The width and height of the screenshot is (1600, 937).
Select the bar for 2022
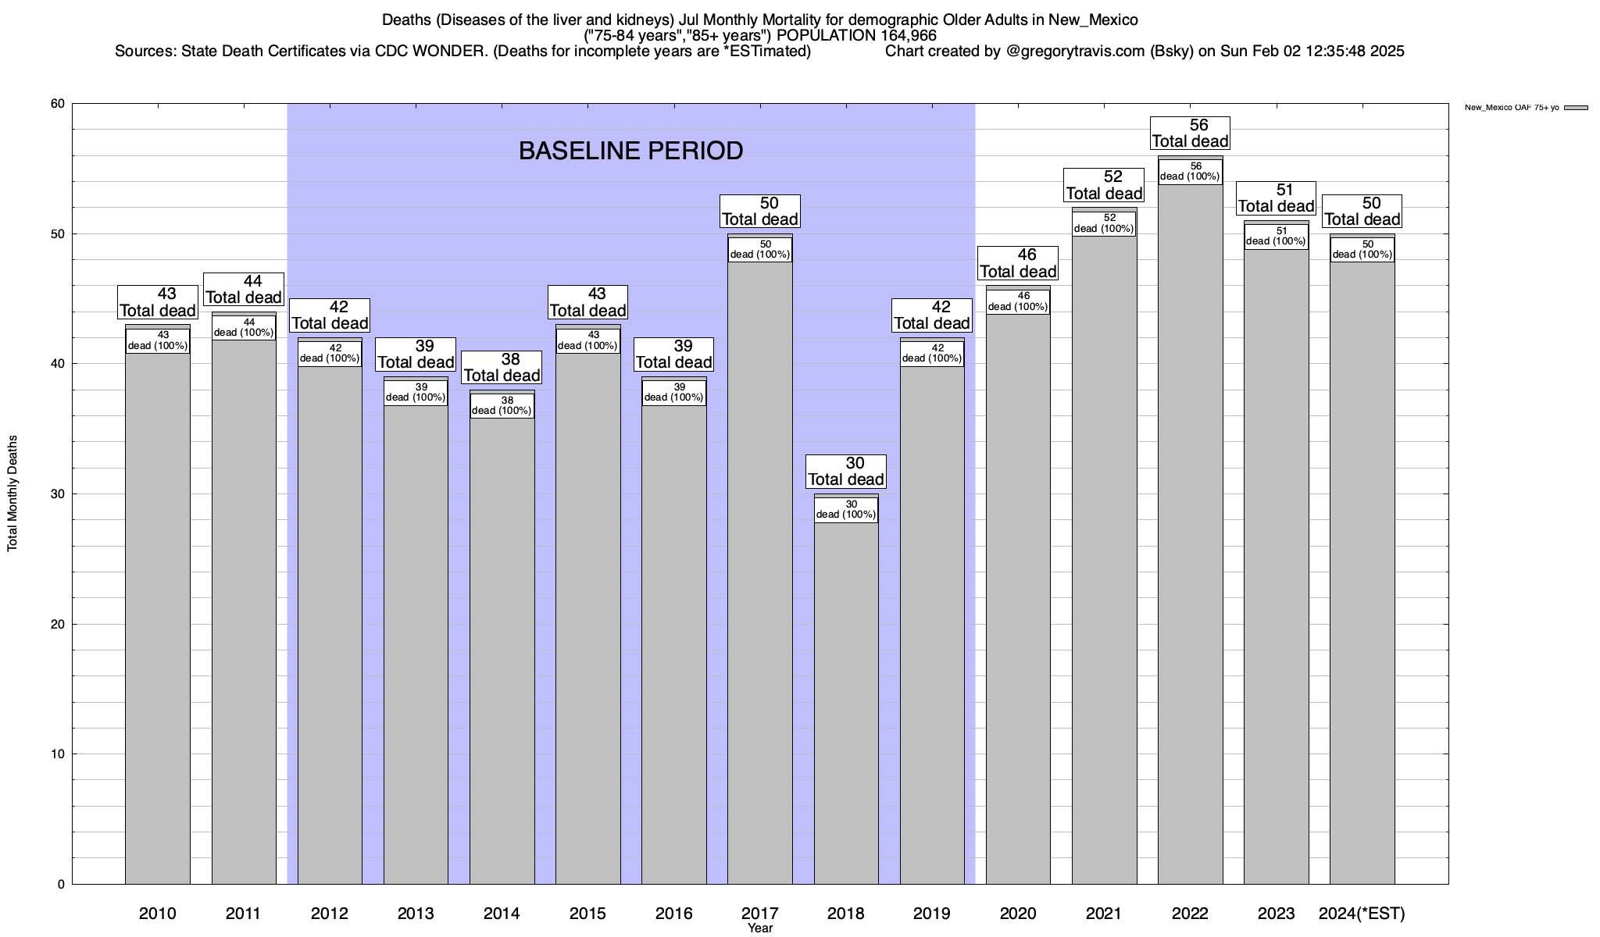(x=1190, y=547)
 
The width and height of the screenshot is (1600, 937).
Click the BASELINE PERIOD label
(x=630, y=151)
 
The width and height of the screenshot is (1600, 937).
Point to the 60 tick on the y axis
(x=58, y=104)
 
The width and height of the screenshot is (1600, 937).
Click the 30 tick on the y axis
(x=58, y=494)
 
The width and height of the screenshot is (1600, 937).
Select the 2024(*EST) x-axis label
(x=1361, y=914)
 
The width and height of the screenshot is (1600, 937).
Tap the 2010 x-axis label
(x=158, y=914)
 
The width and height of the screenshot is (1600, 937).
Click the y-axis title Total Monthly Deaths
(x=12, y=493)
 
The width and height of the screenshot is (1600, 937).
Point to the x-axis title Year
(x=759, y=928)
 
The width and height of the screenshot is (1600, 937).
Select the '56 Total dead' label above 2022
(x=1191, y=134)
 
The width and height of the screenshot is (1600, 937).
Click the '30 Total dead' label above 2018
(x=846, y=472)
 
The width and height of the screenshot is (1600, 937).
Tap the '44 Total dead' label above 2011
(x=244, y=290)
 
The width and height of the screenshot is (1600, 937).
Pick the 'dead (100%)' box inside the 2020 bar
(x=1018, y=301)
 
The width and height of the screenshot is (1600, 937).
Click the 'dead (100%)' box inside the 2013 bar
(x=416, y=392)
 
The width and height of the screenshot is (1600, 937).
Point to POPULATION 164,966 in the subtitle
(x=856, y=35)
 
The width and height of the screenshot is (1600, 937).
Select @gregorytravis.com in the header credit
(x=1076, y=52)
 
